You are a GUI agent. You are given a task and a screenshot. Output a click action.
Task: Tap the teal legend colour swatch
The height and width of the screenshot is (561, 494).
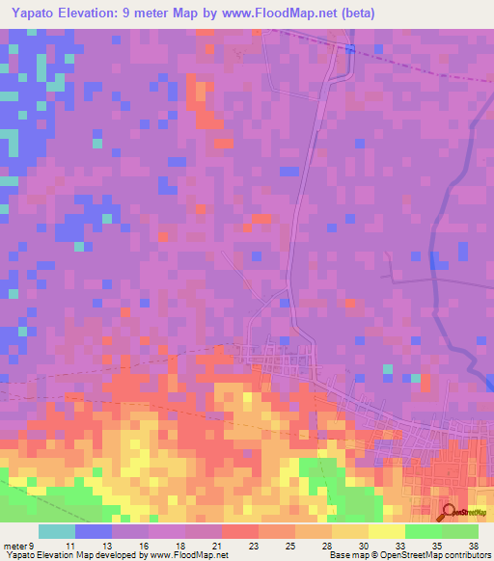pos(57,531)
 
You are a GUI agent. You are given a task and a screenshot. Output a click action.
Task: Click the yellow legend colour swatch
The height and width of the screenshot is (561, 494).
pos(387,531)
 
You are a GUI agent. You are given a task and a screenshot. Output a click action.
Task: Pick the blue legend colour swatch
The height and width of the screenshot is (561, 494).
pos(94,531)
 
